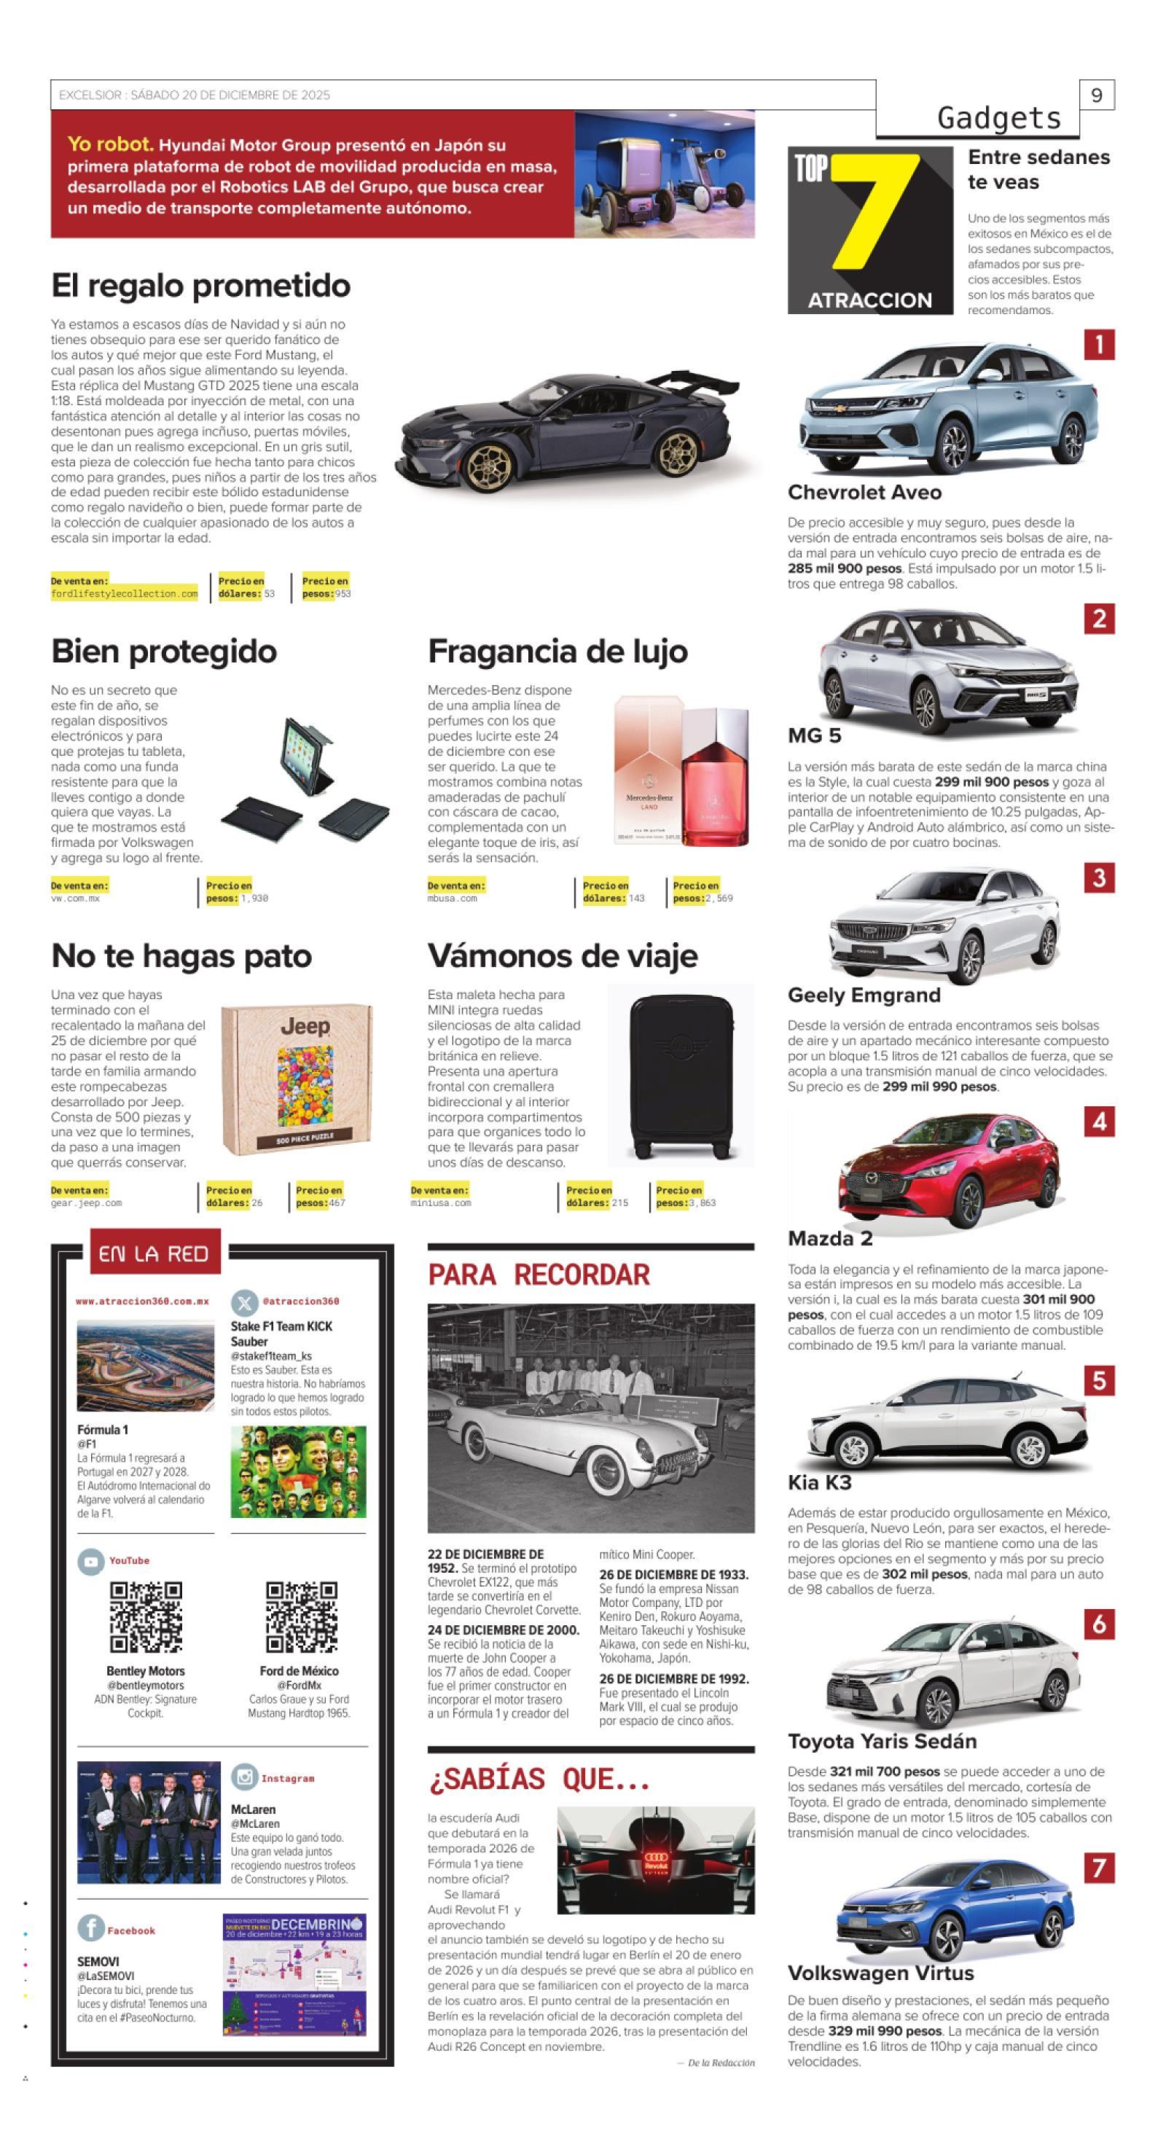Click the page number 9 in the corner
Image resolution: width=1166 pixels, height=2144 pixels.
pos(1096,95)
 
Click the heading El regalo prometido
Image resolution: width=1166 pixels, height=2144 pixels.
pos(200,286)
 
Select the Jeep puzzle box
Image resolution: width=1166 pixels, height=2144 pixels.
pos(297,1079)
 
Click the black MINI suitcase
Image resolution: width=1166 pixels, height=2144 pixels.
pos(681,1076)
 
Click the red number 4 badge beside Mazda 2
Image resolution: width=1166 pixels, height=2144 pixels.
pos(1098,1121)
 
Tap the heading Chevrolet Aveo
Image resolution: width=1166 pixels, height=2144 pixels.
pos(864,492)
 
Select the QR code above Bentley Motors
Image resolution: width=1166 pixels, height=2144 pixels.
pos(146,1616)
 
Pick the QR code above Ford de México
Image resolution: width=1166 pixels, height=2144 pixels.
pos(300,1616)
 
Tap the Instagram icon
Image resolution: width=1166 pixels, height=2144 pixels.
pos(244,1777)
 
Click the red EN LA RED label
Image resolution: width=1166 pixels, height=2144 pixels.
pos(154,1253)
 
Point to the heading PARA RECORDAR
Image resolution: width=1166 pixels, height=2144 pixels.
pos(539,1275)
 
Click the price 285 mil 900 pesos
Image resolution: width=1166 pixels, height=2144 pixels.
pos(844,568)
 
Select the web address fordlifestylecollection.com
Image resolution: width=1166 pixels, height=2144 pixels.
pos(124,593)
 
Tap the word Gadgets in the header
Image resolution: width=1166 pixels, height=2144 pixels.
pos(998,118)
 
